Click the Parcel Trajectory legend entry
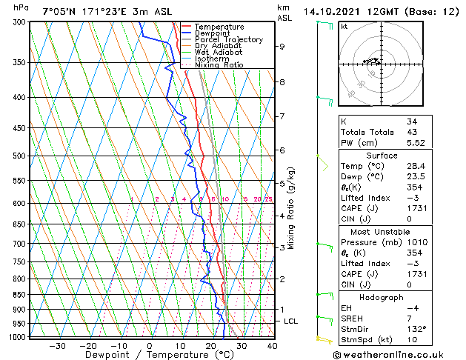pyautogui.click(x=229, y=39)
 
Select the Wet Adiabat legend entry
pyautogui.click(x=219, y=52)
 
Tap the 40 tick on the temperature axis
pyautogui.click(x=272, y=345)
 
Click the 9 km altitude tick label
pyautogui.click(x=282, y=46)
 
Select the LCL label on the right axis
pyautogui.click(x=291, y=321)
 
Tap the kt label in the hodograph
pyautogui.click(x=344, y=27)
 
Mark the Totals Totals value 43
pyautogui.click(x=412, y=132)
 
